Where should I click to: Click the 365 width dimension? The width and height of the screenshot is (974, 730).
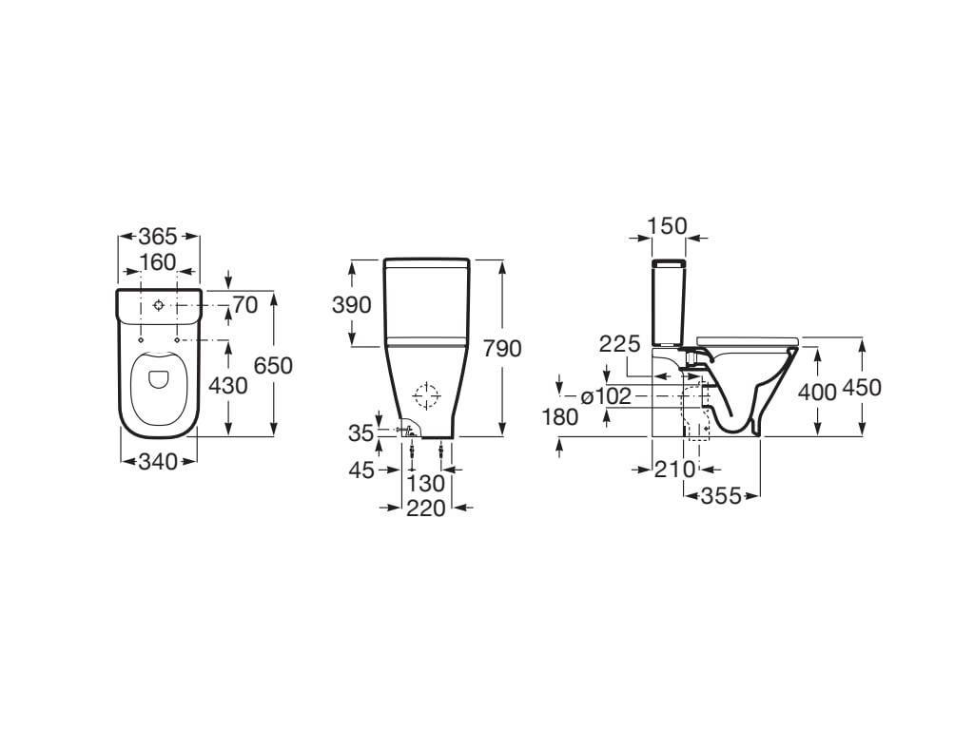pos(159,237)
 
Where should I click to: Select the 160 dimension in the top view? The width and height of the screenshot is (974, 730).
pos(159,261)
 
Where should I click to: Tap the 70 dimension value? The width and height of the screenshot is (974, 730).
pos(245,305)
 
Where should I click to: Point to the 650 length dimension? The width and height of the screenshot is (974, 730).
pos(273,365)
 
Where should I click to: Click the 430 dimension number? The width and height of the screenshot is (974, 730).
pos(228,386)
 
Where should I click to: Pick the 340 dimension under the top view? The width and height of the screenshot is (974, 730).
pos(159,462)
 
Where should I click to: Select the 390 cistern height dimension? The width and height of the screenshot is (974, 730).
pos(352,305)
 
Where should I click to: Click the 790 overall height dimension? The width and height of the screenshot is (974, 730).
pos(502,349)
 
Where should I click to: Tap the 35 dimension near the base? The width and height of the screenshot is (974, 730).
pos(360,433)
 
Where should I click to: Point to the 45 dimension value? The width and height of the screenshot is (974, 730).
pos(361,470)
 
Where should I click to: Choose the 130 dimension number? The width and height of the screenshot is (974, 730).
pos(425,484)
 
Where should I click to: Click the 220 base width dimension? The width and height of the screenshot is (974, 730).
pos(426,509)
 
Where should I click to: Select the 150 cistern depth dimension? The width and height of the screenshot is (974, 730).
pos(667,225)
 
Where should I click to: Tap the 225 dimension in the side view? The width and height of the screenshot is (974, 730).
pos(619,345)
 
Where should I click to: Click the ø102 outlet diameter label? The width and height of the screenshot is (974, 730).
pos(606,396)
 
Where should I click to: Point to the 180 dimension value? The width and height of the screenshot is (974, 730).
pos(558,416)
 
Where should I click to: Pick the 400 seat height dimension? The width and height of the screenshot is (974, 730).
pos(817,391)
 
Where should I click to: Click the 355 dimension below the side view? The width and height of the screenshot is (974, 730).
pos(721,495)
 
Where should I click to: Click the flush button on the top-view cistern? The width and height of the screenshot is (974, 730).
pos(159,305)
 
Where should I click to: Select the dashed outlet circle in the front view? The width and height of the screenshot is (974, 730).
pos(426,394)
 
